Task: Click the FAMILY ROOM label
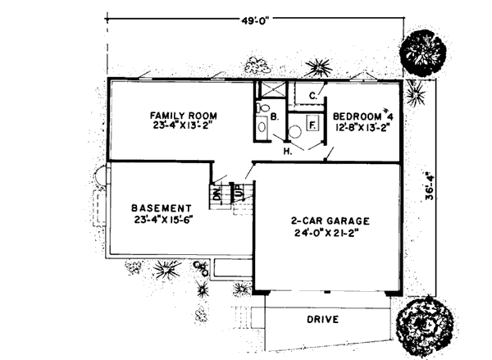181,114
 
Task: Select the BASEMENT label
162,208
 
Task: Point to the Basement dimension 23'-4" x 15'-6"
162,220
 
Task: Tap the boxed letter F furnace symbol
312,125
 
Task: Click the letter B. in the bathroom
275,118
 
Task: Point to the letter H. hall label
289,152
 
